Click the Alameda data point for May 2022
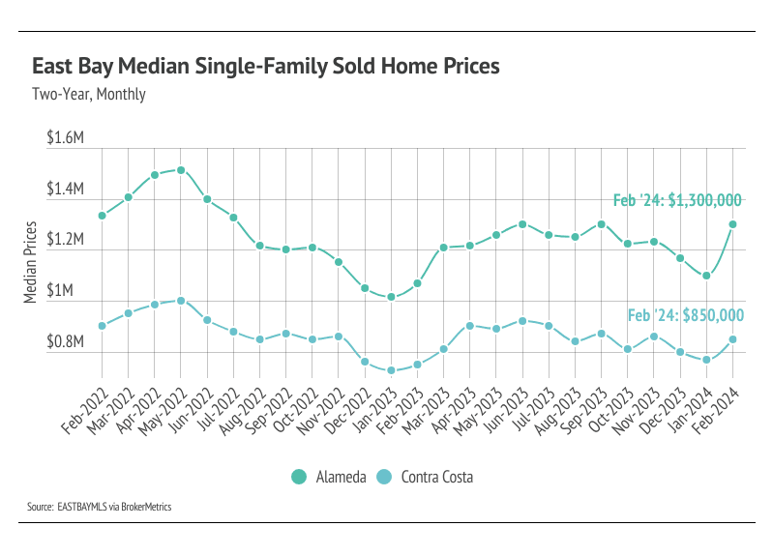181,170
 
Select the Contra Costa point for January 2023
391,370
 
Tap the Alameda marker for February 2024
733,224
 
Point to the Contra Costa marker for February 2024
733,339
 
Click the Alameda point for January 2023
391,297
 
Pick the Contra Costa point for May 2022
181,301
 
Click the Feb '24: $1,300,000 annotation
677,201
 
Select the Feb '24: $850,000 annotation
685,315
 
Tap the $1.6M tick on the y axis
66,138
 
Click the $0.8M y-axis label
66,341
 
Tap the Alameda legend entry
329,477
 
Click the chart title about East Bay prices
266,67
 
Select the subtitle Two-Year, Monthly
89,95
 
